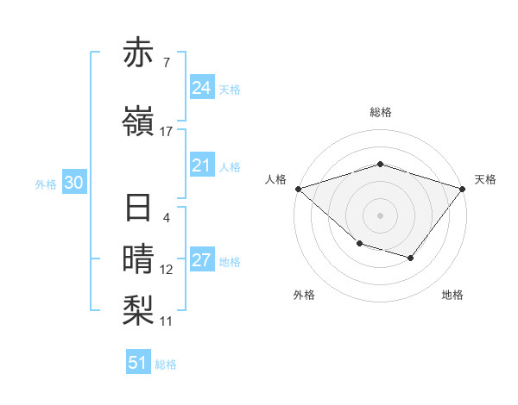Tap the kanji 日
coord(138,209)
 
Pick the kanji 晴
coord(138,259)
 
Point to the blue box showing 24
coord(201,87)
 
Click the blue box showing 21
coord(201,165)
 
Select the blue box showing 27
coord(201,260)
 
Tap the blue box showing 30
coord(73,184)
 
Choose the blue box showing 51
coord(138,363)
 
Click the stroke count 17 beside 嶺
coord(167,132)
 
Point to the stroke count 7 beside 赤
coord(167,63)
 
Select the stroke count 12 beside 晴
coord(167,270)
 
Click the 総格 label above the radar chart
coord(381,112)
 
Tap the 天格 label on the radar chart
coord(485,179)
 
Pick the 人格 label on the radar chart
coord(275,179)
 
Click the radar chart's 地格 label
coord(452,295)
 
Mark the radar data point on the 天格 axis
coord(464,189)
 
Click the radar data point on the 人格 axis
coord(297,189)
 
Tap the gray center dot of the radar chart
coord(381,215)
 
